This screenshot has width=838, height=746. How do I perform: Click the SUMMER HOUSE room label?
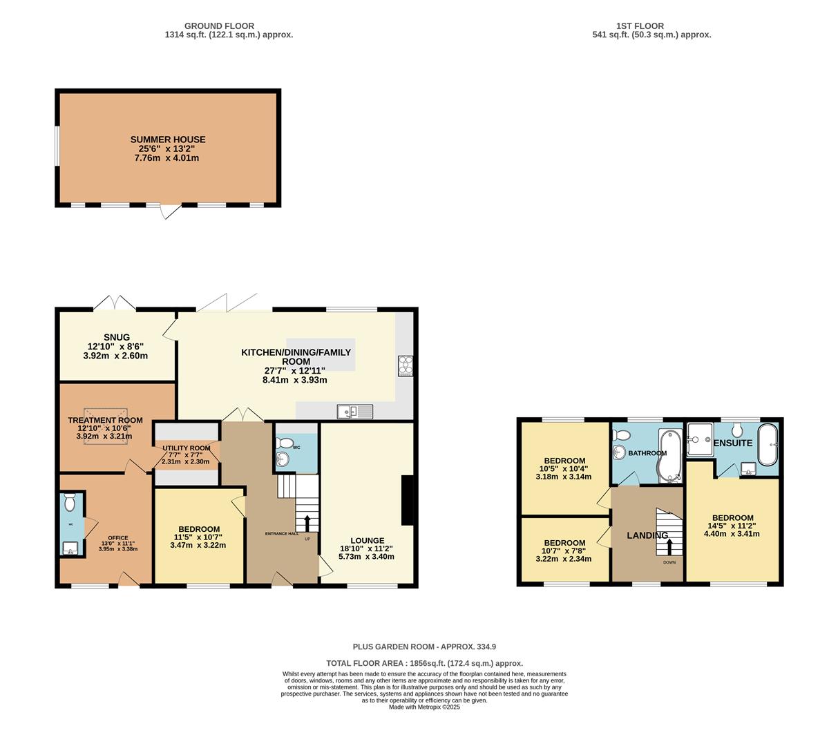168,140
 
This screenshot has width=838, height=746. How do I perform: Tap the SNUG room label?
117,337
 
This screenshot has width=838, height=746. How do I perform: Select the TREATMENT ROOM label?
105,420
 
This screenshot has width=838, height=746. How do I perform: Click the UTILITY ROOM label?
182,448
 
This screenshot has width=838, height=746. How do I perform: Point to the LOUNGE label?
367,541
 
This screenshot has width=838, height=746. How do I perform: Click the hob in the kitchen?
405,365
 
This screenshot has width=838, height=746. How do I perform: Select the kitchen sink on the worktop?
355,412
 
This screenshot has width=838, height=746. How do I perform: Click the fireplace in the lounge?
408,501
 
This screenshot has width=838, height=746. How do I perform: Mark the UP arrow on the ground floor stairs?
307,522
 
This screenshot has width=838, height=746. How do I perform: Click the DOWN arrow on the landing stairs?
669,547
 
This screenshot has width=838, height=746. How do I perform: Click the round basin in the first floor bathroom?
620,452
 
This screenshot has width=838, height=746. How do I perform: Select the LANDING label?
647,535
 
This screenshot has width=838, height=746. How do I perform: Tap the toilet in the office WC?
68,502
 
